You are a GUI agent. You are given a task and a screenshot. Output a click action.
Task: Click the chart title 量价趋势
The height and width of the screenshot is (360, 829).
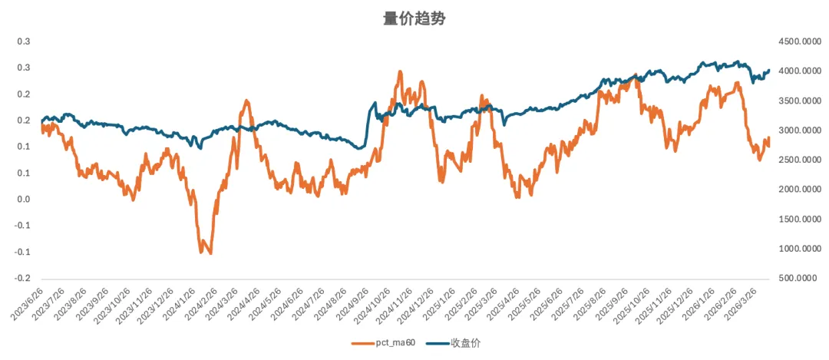[x=414, y=19]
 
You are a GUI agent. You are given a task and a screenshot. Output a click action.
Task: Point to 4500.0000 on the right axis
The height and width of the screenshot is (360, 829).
[x=798, y=41]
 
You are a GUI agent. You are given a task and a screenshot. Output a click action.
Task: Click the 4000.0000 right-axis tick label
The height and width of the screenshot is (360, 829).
[x=798, y=71]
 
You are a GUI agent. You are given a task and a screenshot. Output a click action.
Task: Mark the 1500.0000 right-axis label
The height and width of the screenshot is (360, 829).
[x=798, y=220]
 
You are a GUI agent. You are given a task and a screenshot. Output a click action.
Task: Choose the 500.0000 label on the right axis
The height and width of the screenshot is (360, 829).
[x=799, y=279]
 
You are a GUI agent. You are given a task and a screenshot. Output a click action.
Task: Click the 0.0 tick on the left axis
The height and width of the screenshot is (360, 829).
[x=23, y=200]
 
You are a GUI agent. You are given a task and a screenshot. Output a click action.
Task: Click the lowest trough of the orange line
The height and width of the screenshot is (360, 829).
[x=210, y=253]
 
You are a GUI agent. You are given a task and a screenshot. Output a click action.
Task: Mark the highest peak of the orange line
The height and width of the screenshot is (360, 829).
[x=400, y=71]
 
